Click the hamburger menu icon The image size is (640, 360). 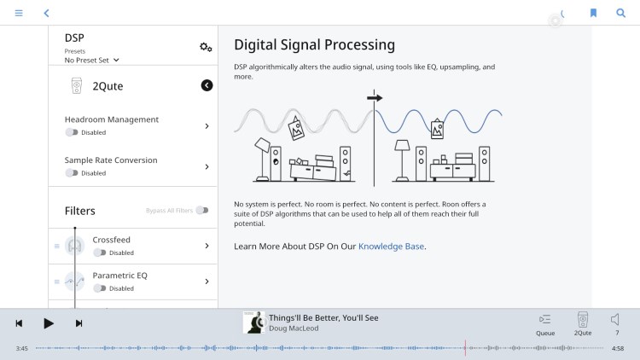pyautogui.click(x=19, y=13)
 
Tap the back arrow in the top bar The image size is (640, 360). pyautogui.click(x=47, y=13)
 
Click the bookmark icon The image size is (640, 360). pyautogui.click(x=593, y=13)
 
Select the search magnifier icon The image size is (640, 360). pyautogui.click(x=621, y=13)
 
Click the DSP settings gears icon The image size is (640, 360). pyautogui.click(x=206, y=47)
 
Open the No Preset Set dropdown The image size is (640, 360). pyautogui.click(x=92, y=60)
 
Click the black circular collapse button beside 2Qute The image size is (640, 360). pyautogui.click(x=207, y=85)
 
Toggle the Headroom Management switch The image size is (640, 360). pyautogui.click(x=72, y=132)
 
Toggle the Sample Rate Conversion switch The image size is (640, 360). pyautogui.click(x=72, y=173)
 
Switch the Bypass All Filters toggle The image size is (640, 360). pyautogui.click(x=202, y=210)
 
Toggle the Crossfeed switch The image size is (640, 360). pyautogui.click(x=100, y=253)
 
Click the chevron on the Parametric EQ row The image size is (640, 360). pyautogui.click(x=207, y=282)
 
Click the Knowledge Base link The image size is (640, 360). pyautogui.click(x=391, y=247)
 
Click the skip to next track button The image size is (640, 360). pyautogui.click(x=79, y=323)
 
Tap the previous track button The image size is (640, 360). pyautogui.click(x=19, y=323)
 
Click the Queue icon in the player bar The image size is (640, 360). pyautogui.click(x=545, y=319)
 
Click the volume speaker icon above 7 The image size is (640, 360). pyautogui.click(x=615, y=319)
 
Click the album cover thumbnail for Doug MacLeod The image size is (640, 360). pyautogui.click(x=254, y=322)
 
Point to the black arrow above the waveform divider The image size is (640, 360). pyautogui.click(x=375, y=98)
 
